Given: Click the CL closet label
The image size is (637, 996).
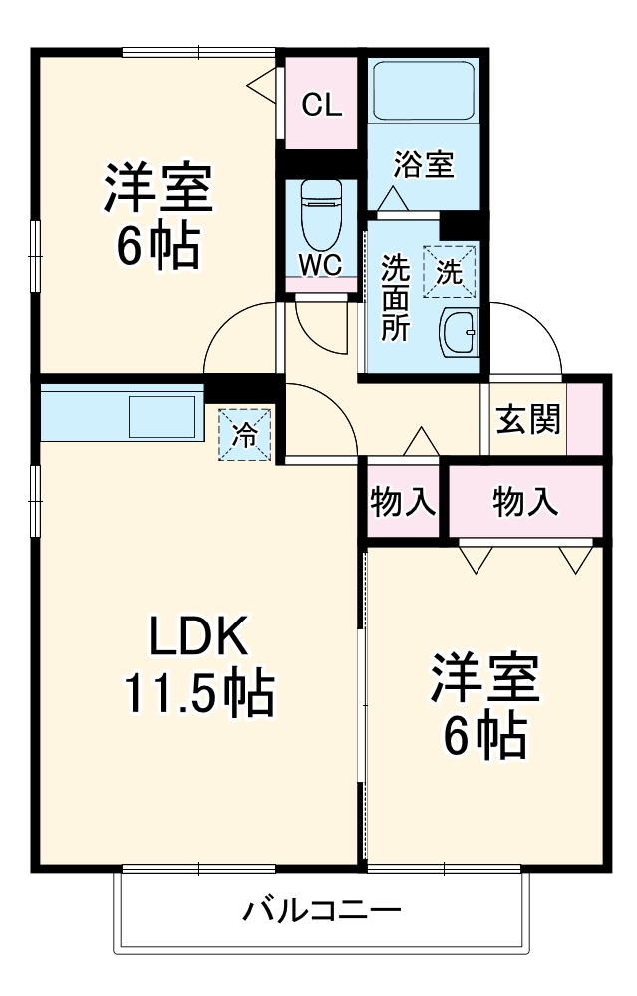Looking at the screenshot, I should (322, 105).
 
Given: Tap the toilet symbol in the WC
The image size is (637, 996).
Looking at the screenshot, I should (321, 213).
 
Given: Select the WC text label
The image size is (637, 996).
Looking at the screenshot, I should (321, 264).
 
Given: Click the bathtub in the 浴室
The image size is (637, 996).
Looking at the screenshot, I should (424, 92).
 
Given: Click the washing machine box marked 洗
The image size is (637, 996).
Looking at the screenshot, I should (450, 270).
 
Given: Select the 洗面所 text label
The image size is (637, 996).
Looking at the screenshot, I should (397, 298).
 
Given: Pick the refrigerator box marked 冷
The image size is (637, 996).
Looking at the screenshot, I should (245, 435).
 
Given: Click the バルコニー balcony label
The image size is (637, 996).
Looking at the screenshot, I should (322, 910).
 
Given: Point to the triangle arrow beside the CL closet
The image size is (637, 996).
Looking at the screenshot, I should (262, 86).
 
